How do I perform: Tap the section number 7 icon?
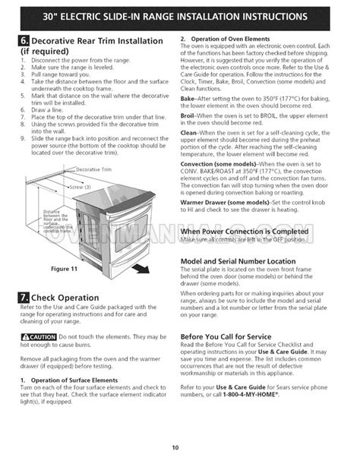point(25,298)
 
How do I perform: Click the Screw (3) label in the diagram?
point(80,185)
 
